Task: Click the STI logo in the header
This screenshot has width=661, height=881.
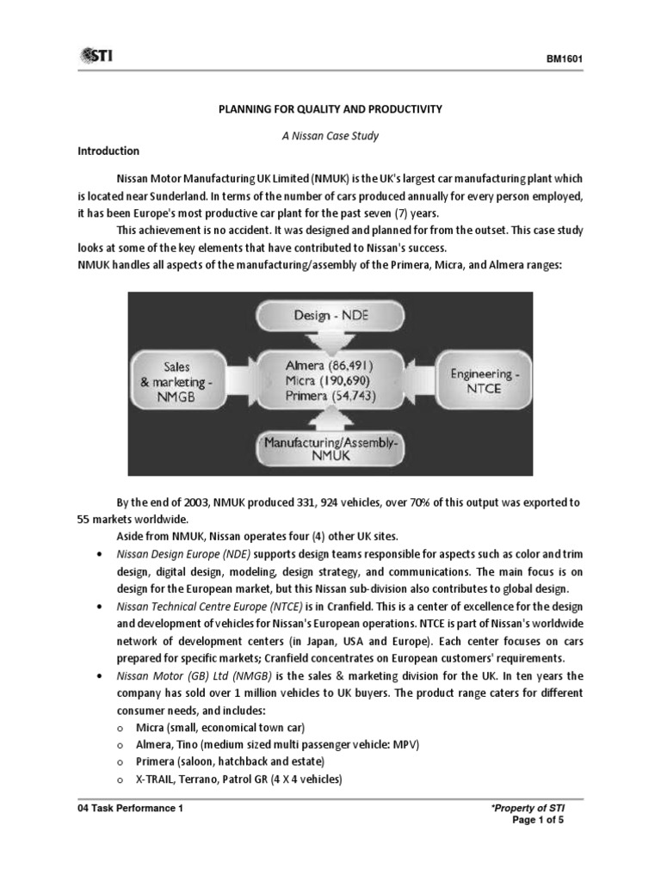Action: click(96, 56)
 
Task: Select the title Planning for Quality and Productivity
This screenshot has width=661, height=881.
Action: click(330, 109)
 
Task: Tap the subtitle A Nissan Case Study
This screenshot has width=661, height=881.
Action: click(330, 136)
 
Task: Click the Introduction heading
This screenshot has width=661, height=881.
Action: click(108, 151)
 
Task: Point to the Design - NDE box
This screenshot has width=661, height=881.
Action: click(330, 317)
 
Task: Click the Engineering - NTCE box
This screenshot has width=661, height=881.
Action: click(476, 381)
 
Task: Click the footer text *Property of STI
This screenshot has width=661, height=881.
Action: click(528, 810)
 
